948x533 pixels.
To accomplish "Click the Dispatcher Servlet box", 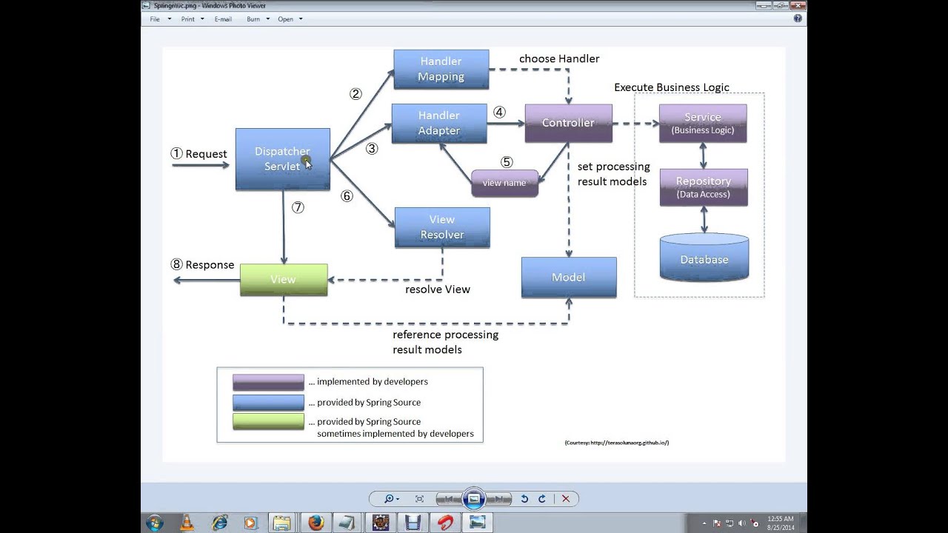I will click(282, 159).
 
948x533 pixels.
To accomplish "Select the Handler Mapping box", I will click(441, 69).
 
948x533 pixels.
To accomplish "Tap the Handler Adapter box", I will click(438, 123).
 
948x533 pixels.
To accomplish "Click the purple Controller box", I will click(568, 123).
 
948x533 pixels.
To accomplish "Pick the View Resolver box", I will click(442, 227).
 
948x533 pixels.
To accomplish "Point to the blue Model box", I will click(568, 277).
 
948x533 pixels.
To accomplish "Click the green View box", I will click(283, 279).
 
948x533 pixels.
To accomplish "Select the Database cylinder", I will click(704, 258).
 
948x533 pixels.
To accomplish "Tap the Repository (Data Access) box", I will click(703, 187).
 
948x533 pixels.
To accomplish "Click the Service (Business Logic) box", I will click(702, 123).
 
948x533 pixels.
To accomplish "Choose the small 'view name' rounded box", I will click(504, 183).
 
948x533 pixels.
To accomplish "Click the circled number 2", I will click(355, 94).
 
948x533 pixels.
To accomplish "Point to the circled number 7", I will click(298, 207).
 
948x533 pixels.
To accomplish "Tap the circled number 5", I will click(507, 162).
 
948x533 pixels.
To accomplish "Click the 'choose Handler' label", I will click(558, 58).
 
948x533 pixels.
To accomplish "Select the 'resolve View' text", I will click(437, 289).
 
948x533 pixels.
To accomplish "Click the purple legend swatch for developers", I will click(268, 382).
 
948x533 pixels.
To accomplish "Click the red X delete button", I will click(566, 499).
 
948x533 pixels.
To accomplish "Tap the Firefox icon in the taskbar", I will click(316, 523).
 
